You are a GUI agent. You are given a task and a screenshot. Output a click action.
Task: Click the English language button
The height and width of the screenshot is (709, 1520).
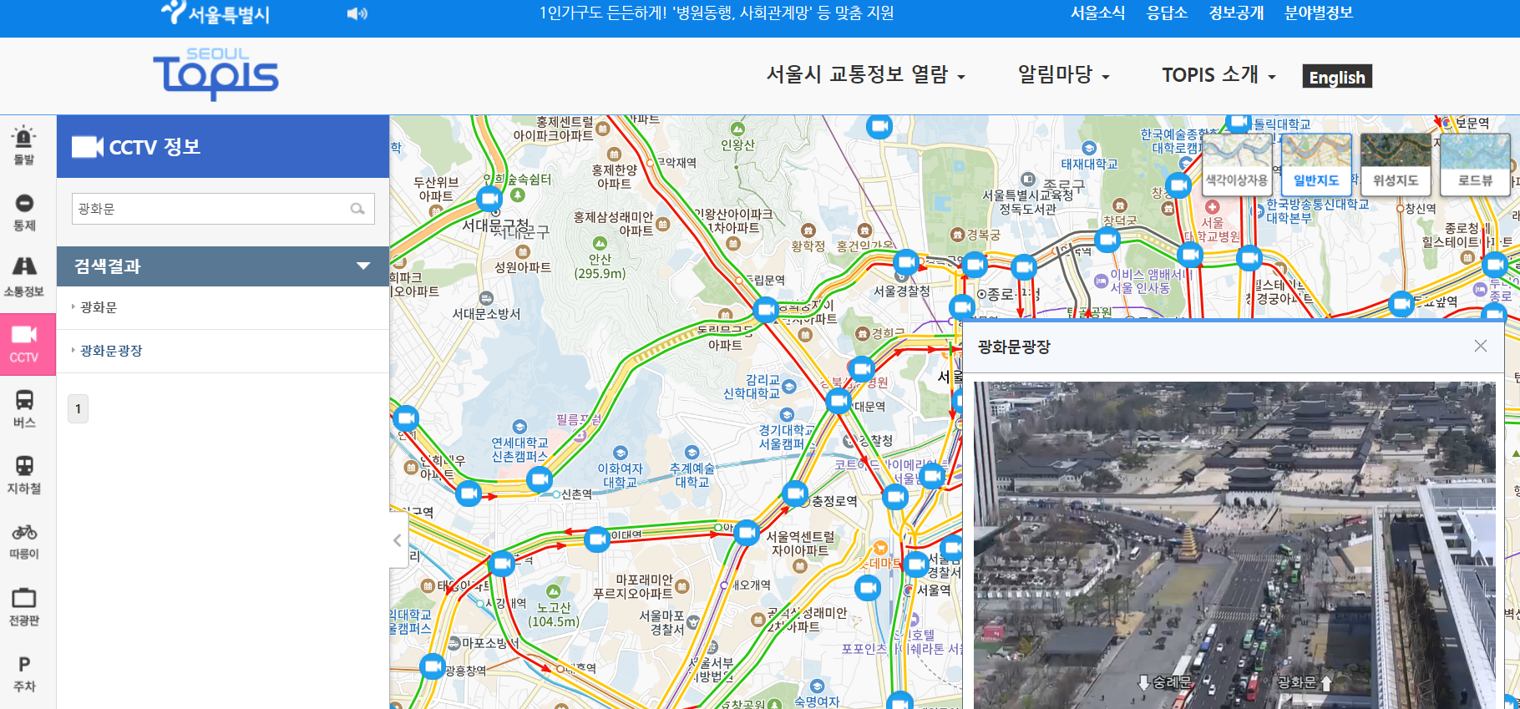(1336, 77)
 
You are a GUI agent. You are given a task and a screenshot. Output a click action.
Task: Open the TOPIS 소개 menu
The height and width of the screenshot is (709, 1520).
(1219, 75)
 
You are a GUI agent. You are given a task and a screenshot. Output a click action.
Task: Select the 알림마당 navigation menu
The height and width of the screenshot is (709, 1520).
(1063, 75)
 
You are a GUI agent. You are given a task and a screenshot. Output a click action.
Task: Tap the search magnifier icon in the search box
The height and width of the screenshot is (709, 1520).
(357, 209)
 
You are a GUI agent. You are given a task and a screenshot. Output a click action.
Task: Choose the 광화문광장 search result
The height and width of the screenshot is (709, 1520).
(111, 351)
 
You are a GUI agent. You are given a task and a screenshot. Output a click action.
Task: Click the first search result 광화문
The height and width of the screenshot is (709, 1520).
(99, 307)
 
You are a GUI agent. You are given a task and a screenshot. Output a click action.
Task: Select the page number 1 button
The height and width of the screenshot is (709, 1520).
(78, 408)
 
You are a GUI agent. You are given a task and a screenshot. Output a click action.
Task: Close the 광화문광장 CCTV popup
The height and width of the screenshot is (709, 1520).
(1480, 346)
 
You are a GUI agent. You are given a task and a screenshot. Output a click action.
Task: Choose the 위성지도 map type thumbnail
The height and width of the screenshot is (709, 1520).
(1395, 164)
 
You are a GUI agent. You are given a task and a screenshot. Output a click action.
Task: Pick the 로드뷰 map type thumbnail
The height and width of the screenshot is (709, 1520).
(1474, 164)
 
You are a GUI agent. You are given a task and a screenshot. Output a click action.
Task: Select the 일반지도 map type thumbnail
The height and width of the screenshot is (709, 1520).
(1316, 164)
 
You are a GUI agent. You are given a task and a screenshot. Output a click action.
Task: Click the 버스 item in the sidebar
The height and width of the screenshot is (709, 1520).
(24, 408)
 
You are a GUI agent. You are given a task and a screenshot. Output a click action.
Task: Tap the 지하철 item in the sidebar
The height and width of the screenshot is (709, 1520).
(24, 474)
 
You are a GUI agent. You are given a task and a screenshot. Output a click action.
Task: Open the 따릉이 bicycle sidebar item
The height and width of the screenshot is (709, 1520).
(24, 540)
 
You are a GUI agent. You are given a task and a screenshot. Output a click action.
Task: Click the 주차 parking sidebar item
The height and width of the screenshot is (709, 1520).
(24, 673)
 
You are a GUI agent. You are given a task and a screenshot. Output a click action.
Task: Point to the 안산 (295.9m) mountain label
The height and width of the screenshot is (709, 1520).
(600, 266)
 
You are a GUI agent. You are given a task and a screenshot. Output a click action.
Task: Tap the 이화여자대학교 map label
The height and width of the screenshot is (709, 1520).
(620, 475)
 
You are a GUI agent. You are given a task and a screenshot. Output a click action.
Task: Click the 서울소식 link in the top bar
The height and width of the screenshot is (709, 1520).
(1097, 13)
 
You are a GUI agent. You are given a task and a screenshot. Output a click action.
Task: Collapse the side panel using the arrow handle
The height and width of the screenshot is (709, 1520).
(398, 540)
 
